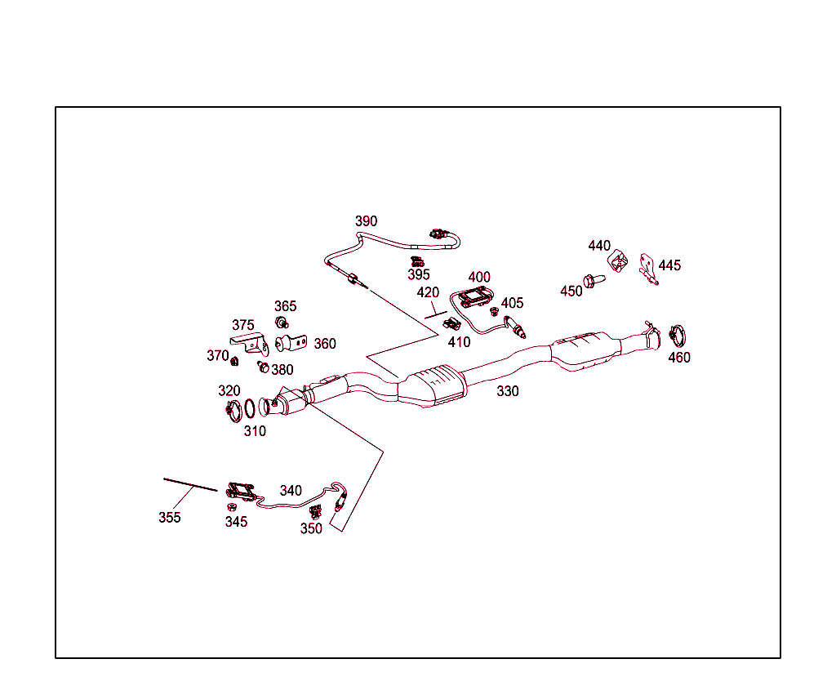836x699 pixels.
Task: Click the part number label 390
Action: pyautogui.click(x=366, y=221)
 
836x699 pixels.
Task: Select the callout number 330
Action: pyautogui.click(x=508, y=391)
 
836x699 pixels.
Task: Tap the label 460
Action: pyautogui.click(x=678, y=358)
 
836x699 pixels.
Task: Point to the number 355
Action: pyautogui.click(x=170, y=518)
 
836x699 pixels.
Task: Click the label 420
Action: pyautogui.click(x=428, y=292)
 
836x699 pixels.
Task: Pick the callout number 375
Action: pyautogui.click(x=242, y=325)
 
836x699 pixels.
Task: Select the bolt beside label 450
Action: pyautogui.click(x=595, y=280)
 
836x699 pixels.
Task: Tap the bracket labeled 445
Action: pyautogui.click(x=648, y=269)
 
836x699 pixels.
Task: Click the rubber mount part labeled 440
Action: pyautogui.click(x=619, y=262)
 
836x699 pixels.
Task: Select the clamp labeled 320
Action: pyautogui.click(x=230, y=407)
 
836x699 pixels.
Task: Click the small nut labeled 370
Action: pyautogui.click(x=235, y=361)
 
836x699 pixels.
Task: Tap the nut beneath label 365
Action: pyautogui.click(x=282, y=322)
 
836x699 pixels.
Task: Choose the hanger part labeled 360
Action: pyautogui.click(x=292, y=343)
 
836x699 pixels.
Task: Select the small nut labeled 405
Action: pyautogui.click(x=494, y=311)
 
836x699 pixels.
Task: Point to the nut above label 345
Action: pyautogui.click(x=233, y=507)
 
